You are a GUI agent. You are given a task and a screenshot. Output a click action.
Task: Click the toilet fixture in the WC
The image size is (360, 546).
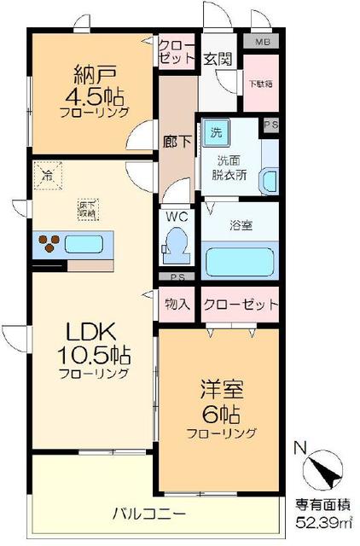click(x=177, y=241)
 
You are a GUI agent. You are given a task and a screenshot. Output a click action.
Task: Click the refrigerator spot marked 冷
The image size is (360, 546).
click(x=47, y=177)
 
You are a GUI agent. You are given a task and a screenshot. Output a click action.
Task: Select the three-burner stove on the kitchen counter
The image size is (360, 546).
click(x=49, y=244)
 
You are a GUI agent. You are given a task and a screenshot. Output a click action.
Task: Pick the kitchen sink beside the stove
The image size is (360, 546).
click(x=84, y=244)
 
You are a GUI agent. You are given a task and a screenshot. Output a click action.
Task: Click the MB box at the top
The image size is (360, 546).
click(x=261, y=40)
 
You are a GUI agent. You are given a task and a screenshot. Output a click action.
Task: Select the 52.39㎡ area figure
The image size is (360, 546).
click(x=317, y=521)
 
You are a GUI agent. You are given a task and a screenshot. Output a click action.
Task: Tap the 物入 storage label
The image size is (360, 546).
click(x=177, y=305)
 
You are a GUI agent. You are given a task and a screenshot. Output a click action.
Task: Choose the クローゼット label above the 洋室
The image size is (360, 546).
click(x=241, y=305)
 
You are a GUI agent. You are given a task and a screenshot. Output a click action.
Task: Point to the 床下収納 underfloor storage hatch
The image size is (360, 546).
click(x=86, y=207)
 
